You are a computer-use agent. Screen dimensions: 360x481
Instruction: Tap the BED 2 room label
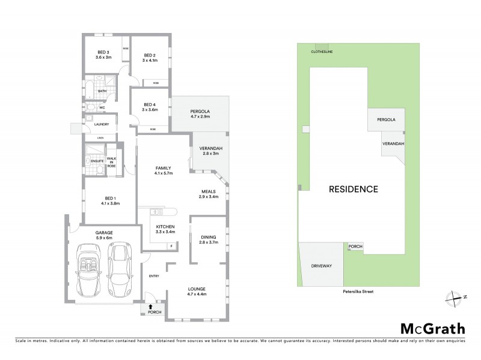[149, 53]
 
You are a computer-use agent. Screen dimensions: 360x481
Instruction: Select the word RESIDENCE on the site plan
[354, 190]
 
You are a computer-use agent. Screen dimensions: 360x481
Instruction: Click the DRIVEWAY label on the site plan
[322, 265]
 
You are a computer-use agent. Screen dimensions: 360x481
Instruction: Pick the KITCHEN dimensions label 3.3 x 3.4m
[161, 230]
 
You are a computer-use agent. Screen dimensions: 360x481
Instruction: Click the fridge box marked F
[173, 246]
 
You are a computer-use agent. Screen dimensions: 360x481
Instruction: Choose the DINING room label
[209, 237]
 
